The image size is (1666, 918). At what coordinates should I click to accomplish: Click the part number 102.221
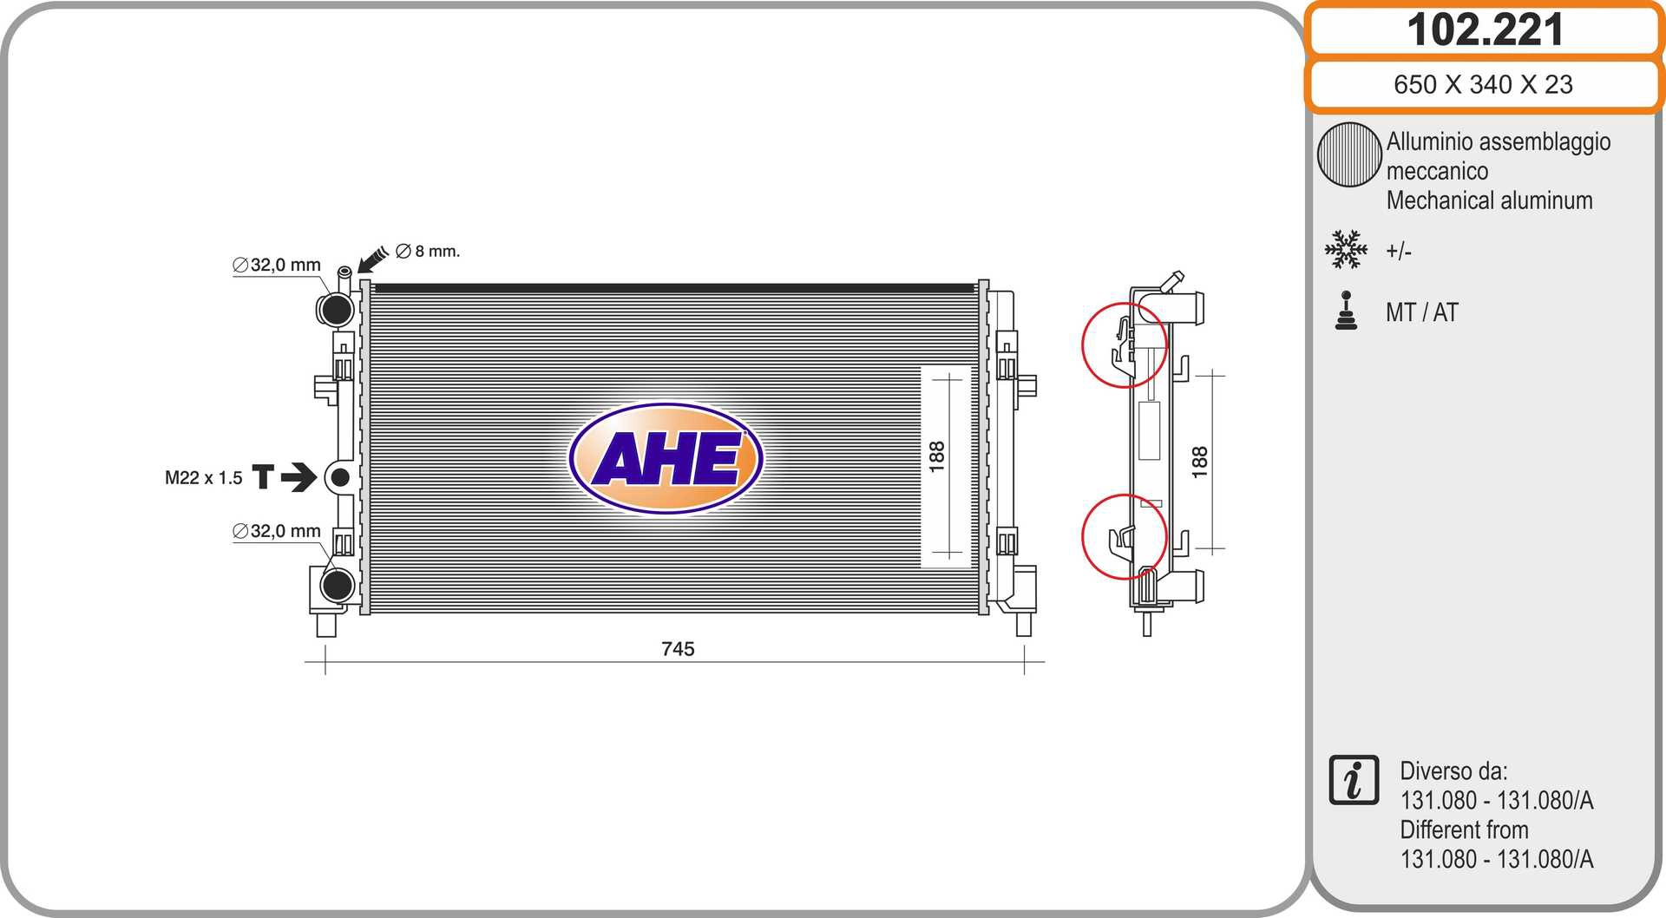pyautogui.click(x=1485, y=30)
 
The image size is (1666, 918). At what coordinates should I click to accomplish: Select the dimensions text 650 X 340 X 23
pyautogui.click(x=1483, y=84)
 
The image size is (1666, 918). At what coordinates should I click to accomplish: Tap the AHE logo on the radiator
pyautogui.click(x=666, y=458)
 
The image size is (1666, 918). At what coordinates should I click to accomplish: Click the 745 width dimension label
pyautogui.click(x=678, y=649)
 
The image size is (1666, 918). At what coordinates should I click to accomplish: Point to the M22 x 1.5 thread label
pyautogui.click(x=204, y=477)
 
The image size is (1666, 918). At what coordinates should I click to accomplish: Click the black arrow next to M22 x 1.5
pyautogui.click(x=298, y=477)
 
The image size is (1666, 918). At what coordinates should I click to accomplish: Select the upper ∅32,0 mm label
pyautogui.click(x=277, y=265)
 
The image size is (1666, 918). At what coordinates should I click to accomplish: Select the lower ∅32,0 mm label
pyautogui.click(x=277, y=531)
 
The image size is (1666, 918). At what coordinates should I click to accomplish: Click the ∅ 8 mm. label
pyautogui.click(x=428, y=251)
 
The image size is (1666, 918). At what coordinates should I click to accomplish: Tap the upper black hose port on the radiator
pyautogui.click(x=336, y=308)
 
